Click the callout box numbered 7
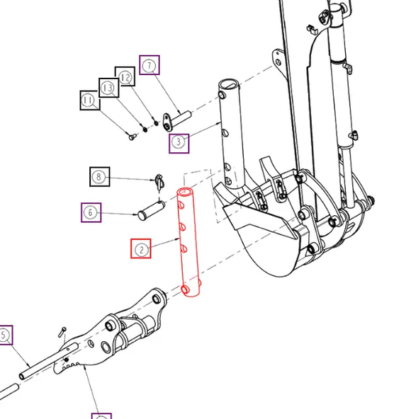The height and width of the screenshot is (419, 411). tap(150, 65)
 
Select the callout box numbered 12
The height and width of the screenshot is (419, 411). tap(125, 76)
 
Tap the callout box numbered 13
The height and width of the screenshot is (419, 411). tap(108, 88)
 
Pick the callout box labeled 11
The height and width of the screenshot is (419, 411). tap(89, 101)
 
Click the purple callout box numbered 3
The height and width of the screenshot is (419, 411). tap(179, 143)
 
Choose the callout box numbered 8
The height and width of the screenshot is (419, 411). tap(99, 176)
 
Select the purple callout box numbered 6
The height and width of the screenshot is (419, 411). tap(89, 212)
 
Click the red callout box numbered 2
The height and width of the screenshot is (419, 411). tap(141, 248)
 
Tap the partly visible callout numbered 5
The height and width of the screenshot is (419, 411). tap(4, 335)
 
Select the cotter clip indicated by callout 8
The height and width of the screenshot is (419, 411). tap(158, 183)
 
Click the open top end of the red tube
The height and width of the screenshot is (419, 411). tap(185, 192)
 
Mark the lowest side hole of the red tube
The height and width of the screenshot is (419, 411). tap(185, 290)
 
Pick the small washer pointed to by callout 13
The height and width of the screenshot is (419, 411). tap(145, 129)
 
